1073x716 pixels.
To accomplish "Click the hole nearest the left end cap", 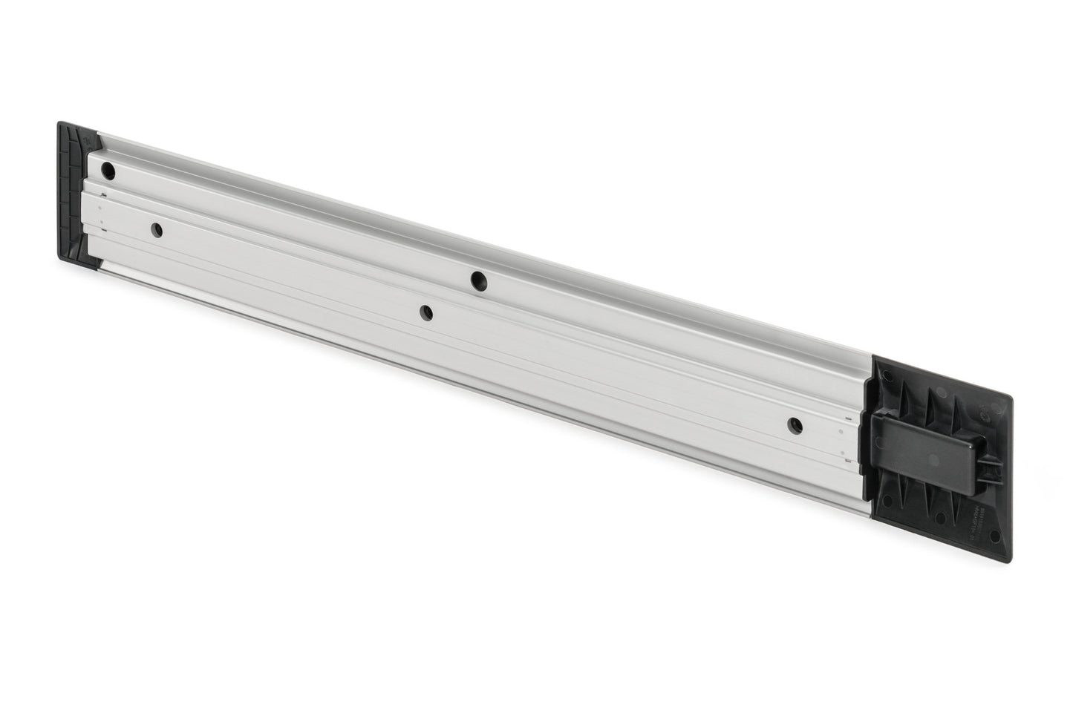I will click(x=108, y=171).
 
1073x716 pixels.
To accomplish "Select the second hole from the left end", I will click(x=157, y=230).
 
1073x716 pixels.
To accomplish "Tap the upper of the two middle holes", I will click(x=477, y=280).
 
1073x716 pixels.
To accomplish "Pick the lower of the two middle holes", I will click(x=425, y=313).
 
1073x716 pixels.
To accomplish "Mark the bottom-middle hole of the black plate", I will click(x=940, y=519).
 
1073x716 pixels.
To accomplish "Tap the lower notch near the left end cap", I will click(x=104, y=231).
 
